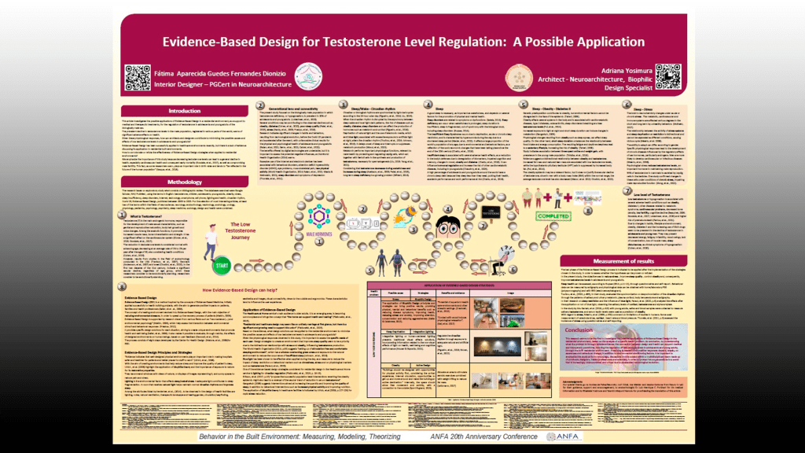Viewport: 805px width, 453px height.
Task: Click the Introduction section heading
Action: click(185, 111)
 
